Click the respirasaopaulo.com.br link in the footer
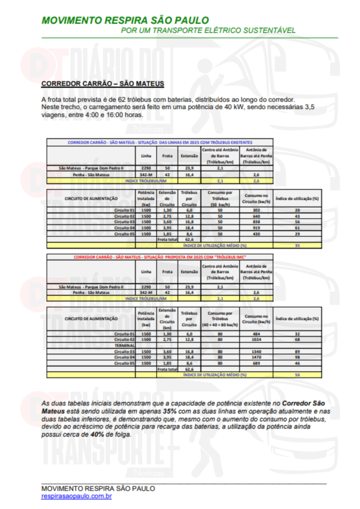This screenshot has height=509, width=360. pos(76,496)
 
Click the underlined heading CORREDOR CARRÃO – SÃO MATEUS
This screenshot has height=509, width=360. pos(102,84)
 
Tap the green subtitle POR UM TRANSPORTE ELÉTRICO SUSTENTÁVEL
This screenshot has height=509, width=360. pos(208,30)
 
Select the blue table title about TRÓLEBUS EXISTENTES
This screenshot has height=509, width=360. pos(160,142)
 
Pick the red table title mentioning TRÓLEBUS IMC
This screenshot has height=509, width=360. pos(160,257)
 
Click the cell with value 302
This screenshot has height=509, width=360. pos(257,210)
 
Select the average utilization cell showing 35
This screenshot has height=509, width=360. pos(297,245)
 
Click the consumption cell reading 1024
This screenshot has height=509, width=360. pos(257,339)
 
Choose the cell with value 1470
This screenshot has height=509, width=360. pos(257,357)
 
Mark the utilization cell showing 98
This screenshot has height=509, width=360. pos(297,357)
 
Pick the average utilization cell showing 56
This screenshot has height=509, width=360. pos(297,374)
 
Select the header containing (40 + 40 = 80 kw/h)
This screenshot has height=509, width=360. pos(219,319)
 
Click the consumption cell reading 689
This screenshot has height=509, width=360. pos(257,363)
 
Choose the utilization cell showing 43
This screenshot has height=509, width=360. pos(297,216)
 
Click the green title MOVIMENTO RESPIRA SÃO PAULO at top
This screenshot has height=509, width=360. pos(125,20)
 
